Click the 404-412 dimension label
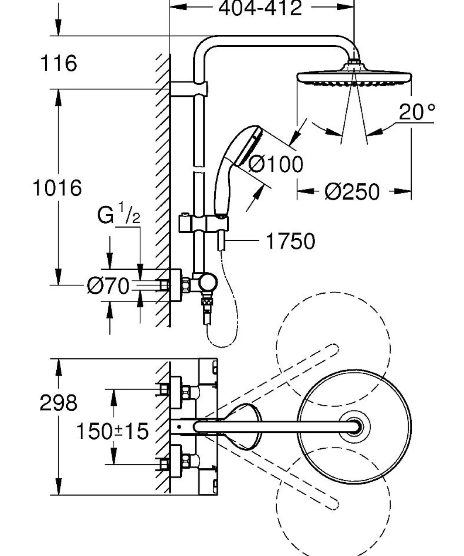260,8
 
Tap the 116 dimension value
58,63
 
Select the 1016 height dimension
57,188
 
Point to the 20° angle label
417,112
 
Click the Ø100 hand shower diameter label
276,164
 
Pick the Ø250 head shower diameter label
352,192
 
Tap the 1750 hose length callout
290,241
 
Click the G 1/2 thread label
118,215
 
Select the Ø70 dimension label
108,286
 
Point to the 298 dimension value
58,403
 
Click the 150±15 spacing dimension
112,431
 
